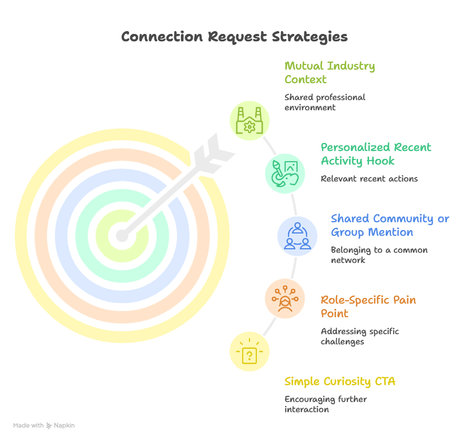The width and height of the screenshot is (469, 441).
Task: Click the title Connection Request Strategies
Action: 234,37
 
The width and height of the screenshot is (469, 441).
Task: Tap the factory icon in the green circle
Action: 249,120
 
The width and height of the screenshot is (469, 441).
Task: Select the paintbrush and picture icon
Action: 285,172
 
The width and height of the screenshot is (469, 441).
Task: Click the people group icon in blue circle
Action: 298,236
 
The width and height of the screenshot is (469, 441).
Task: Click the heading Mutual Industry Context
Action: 329,72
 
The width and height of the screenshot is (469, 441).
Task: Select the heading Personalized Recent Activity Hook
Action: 376,154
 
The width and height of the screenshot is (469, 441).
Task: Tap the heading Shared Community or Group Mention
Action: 390,225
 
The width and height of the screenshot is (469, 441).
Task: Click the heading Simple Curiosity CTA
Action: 339,382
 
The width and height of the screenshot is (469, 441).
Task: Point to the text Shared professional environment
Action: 325,102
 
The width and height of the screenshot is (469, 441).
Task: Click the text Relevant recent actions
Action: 369,179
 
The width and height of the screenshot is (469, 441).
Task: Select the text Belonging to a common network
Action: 379,255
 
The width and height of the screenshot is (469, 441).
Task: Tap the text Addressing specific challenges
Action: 360,336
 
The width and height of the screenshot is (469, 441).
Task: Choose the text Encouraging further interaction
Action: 325,404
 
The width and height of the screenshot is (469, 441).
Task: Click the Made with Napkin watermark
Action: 44,425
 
